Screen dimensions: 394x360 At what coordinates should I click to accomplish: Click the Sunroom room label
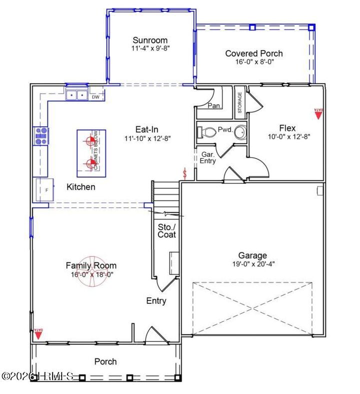coord(149,41)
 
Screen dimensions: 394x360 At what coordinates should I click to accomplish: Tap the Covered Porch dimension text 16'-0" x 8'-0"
coord(253,62)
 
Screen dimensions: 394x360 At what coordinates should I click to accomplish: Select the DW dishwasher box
coord(95,97)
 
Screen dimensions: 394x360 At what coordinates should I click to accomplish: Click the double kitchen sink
coord(76,94)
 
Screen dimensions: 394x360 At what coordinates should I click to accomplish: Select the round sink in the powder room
coord(241,132)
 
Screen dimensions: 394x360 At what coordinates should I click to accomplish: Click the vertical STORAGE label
coord(240,102)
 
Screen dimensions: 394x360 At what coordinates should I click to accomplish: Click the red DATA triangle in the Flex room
coord(317,114)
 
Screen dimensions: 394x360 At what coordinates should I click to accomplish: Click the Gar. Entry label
coord(208,158)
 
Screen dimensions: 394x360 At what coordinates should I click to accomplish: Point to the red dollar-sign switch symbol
coord(186,174)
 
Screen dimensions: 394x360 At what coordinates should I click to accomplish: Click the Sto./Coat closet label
coord(166,230)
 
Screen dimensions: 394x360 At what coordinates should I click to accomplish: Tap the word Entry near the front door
coord(156,301)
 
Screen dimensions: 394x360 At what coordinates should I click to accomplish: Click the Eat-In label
coord(147,129)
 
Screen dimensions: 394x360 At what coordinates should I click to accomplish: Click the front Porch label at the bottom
coord(105,361)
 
